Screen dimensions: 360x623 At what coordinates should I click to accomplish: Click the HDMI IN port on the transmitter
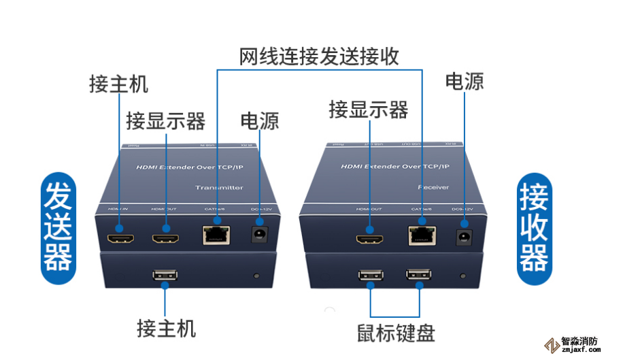[120, 239]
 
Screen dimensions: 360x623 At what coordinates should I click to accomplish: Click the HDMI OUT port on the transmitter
[165, 239]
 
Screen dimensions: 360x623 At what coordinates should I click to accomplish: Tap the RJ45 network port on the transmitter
[216, 235]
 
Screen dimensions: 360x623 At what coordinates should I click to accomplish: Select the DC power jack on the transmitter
[258, 235]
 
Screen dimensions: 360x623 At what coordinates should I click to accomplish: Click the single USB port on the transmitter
[165, 276]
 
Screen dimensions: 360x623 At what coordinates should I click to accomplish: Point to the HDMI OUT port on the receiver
[371, 239]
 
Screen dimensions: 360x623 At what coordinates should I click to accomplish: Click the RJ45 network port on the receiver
[422, 235]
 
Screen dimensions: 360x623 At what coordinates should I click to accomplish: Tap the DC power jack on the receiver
[465, 237]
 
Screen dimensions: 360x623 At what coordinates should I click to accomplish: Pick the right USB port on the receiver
[418, 276]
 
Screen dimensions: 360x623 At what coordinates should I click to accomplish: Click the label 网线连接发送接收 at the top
[319, 56]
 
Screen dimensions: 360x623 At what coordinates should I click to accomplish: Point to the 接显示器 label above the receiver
[368, 109]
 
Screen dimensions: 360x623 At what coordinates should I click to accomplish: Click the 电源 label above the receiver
[465, 82]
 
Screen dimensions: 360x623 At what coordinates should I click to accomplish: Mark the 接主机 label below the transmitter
[166, 329]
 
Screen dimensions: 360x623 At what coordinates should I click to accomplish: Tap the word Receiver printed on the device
[431, 186]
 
